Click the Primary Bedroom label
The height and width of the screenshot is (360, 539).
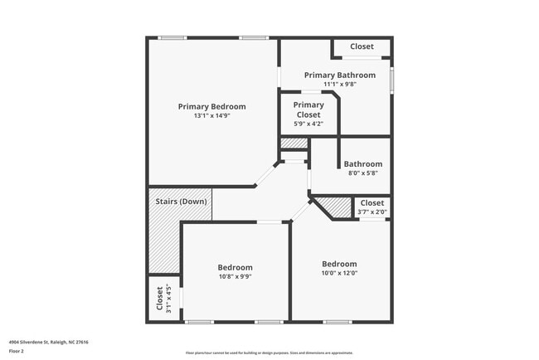pyautogui.click(x=211, y=106)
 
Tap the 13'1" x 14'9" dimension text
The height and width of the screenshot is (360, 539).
pyautogui.click(x=211, y=116)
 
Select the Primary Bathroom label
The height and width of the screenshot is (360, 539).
pyautogui.click(x=339, y=75)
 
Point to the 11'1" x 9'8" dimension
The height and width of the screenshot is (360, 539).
pyautogui.click(x=339, y=84)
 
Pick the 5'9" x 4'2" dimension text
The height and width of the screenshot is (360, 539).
pyautogui.click(x=308, y=124)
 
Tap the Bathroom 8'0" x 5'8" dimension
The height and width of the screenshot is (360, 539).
pyautogui.click(x=363, y=173)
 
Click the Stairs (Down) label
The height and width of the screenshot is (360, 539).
pyautogui.click(x=181, y=202)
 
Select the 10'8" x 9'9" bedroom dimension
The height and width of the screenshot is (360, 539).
pyautogui.click(x=235, y=276)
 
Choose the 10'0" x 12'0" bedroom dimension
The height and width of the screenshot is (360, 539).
pyautogui.click(x=339, y=273)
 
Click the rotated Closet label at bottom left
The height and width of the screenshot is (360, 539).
pyautogui.click(x=159, y=299)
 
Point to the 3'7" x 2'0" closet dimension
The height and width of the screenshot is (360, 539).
pyautogui.click(x=371, y=212)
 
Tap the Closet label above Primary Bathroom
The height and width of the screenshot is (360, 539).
pyautogui.click(x=362, y=46)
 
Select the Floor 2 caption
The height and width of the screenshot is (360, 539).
pyautogui.click(x=17, y=351)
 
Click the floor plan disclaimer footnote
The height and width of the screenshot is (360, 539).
pyautogui.click(x=269, y=352)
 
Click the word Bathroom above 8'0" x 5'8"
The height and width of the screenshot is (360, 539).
pyautogui.click(x=363, y=164)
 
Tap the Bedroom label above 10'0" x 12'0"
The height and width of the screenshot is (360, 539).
pyautogui.click(x=339, y=264)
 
